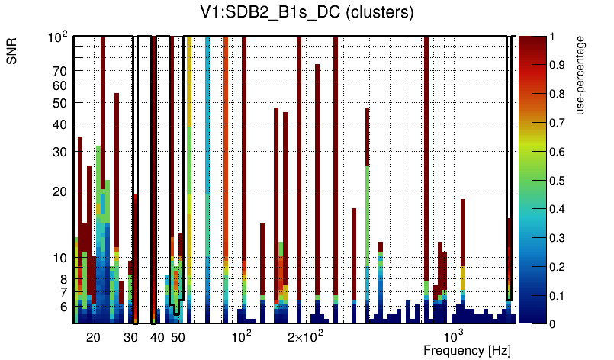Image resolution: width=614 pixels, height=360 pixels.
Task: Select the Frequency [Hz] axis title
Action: pyautogui.click(x=467, y=350)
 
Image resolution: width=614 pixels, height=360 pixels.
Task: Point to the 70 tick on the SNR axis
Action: pyautogui.click(x=59, y=71)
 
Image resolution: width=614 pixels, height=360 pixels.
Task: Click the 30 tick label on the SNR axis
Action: pyautogui.click(x=59, y=152)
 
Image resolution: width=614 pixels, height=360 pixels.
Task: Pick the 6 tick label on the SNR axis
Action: pyautogui.click(x=63, y=307)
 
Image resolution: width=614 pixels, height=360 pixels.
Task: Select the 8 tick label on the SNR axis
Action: pyautogui.click(x=63, y=279)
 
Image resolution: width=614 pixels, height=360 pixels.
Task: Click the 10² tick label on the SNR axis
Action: pyautogui.click(x=58, y=37)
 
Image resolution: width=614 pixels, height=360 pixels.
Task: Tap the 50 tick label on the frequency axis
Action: pyautogui.click(x=177, y=337)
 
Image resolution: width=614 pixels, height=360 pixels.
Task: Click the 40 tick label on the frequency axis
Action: pyautogui.click(x=156, y=337)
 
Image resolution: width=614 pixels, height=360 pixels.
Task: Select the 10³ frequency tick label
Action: pyautogui.click(x=454, y=336)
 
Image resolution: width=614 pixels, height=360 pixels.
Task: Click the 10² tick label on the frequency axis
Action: pyautogui.click(x=241, y=336)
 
